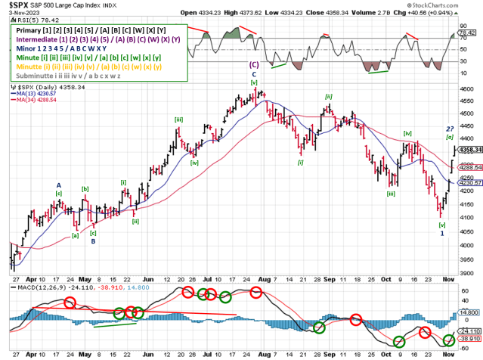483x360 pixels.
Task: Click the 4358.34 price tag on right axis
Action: tap(469, 150)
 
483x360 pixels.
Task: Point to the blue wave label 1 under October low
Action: tap(442, 234)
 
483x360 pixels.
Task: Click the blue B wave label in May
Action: tap(93, 241)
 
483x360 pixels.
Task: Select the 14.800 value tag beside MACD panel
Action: tap(469, 311)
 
